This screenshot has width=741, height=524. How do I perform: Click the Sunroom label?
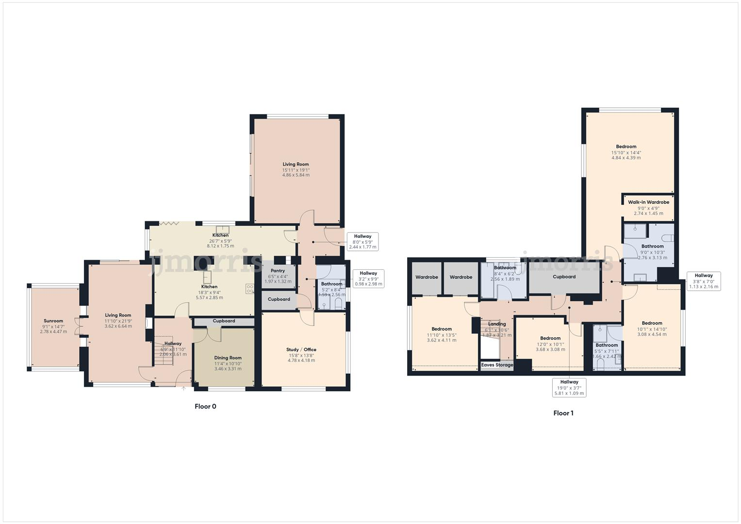[53, 321]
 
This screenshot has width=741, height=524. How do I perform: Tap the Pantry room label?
[278, 271]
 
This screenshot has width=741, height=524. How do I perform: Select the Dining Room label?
[228, 358]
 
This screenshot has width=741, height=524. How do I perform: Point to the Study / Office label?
[301, 349]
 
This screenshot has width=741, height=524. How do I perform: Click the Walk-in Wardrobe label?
[648, 202]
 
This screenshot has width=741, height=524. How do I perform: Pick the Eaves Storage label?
[497, 365]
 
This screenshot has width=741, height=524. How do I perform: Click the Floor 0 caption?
[205, 407]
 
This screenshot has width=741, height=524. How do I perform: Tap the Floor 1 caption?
[563, 413]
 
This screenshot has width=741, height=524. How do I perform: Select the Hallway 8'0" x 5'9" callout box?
[362, 242]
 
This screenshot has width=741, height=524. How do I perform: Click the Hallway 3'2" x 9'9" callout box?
[368, 278]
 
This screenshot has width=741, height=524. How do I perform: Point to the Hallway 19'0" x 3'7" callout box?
[569, 388]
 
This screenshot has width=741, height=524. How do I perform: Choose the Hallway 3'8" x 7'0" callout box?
[703, 281]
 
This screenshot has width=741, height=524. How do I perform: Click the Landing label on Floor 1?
[497, 324]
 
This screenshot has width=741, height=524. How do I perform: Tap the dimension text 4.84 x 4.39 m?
[626, 158]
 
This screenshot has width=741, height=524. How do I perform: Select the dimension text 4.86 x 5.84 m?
[296, 175]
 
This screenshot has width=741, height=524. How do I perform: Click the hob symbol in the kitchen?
[250, 289]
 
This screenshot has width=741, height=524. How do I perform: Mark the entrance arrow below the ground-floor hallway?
[183, 388]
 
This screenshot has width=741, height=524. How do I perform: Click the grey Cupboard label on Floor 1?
[564, 277]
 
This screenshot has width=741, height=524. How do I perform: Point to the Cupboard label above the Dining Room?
[224, 321]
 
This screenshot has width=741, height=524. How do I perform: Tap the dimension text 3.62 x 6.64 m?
[118, 326]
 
